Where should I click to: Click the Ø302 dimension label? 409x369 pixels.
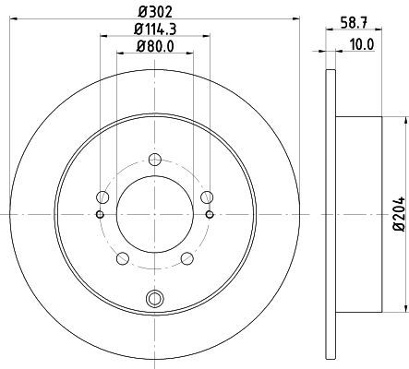click(154, 12)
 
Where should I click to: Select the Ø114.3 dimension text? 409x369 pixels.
click(155, 30)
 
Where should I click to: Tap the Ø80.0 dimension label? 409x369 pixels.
click(155, 46)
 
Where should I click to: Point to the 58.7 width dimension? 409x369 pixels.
click(354, 23)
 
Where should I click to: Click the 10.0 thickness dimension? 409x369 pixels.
click(362, 45)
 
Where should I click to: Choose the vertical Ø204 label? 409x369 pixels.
click(400, 214)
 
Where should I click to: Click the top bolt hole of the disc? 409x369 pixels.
click(155, 159)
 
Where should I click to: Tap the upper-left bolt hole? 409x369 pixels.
click(102, 197)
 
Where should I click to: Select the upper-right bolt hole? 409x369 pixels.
click(207, 197)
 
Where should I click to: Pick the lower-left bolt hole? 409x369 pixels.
click(123, 258)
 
